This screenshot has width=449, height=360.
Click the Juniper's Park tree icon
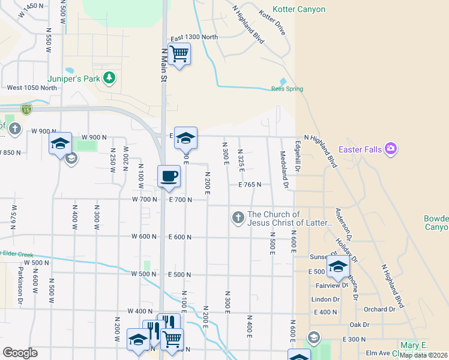pos(109,77)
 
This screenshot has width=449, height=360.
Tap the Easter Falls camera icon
pos(391,148)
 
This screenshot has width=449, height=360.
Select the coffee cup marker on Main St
pos(169,177)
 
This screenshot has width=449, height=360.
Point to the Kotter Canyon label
pos(299,10)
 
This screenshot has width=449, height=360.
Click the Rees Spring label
pos(287,89)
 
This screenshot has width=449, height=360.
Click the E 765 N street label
pos(249,185)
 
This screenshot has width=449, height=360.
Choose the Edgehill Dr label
pos(297,157)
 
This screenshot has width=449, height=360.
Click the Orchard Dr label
pos(379,310)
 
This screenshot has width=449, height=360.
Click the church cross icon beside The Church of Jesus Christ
pos(238,218)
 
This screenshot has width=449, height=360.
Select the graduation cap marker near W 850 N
pos(60,144)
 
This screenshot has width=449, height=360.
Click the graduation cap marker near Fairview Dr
pos(338,268)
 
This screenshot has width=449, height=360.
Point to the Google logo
pos(20,352)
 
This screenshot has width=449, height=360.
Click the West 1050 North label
pos(32,88)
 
